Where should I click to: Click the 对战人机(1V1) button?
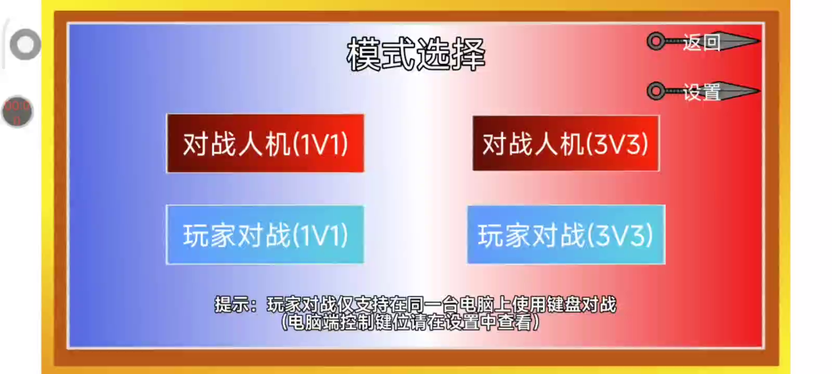click(x=265, y=143)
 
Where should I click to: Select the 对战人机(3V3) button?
click(x=566, y=143)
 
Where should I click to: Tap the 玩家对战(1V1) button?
click(x=265, y=234)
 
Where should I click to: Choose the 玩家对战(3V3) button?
click(x=566, y=234)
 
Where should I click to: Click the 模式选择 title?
click(x=416, y=54)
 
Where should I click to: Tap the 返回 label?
click(x=702, y=42)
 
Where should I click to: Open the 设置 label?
click(x=702, y=92)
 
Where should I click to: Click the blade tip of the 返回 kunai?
click(x=759, y=41)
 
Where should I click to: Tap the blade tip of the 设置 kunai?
click(x=759, y=90)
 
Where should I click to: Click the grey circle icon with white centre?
click(x=25, y=45)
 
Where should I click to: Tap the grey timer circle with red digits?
click(x=18, y=112)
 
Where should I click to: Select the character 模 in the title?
click(x=363, y=54)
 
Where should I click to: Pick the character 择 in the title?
click(x=469, y=54)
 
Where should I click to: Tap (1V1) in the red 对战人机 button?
click(x=321, y=144)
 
